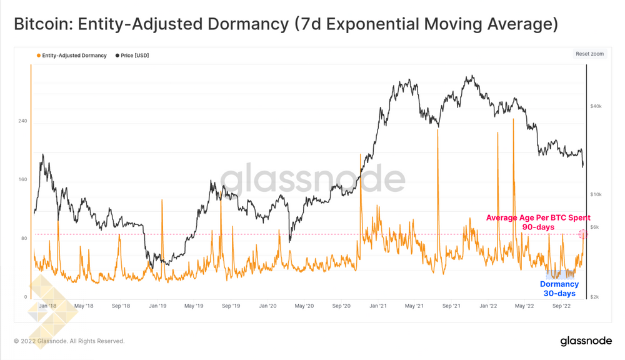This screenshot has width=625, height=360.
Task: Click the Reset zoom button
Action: [x=589, y=54]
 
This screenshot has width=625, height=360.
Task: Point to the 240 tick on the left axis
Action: [x=22, y=121]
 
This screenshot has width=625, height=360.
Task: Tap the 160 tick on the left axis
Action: [x=22, y=180]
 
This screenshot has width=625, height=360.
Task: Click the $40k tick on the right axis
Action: [x=596, y=106]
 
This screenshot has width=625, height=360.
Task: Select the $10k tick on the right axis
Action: [x=596, y=194]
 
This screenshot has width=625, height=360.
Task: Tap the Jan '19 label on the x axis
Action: [x=157, y=306]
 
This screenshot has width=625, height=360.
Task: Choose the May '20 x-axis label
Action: [x=304, y=306]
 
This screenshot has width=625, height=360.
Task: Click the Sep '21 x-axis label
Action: [x=451, y=306]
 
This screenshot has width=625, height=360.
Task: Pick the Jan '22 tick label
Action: [x=488, y=306]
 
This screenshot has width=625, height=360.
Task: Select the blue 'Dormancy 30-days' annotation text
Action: [x=559, y=289]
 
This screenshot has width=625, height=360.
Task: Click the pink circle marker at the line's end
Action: [x=583, y=234]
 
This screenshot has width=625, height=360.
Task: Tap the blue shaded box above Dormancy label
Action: [x=560, y=274]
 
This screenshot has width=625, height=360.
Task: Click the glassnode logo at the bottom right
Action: [x=586, y=341]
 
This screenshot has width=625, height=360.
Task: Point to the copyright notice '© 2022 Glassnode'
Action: [x=69, y=341]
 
